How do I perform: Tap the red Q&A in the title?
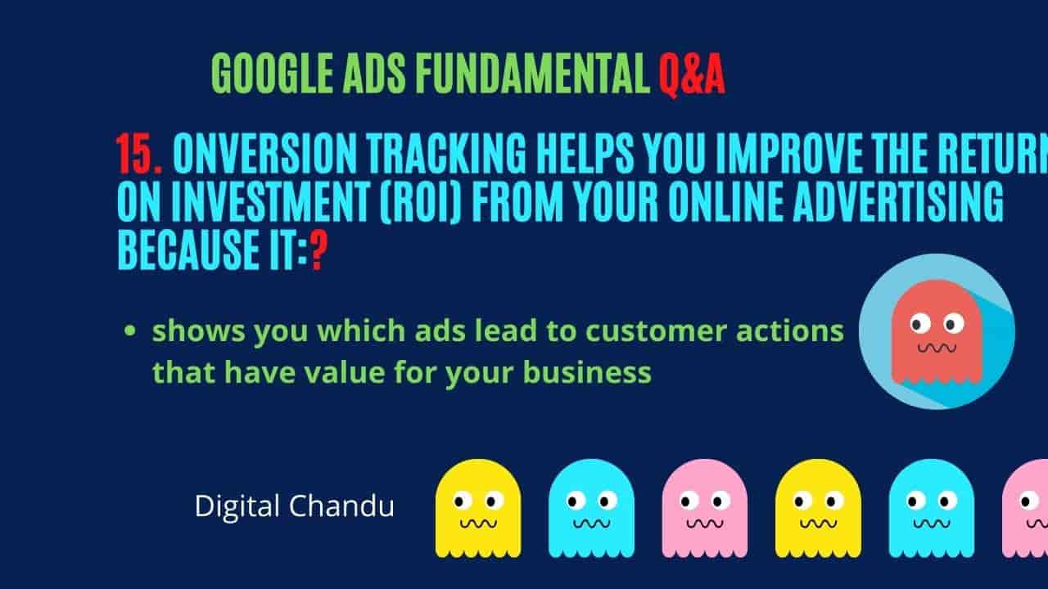click(x=693, y=74)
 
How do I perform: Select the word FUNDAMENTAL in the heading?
click(x=532, y=74)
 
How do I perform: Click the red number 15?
click(x=139, y=153)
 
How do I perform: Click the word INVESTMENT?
click(x=271, y=201)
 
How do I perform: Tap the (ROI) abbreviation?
click(x=421, y=202)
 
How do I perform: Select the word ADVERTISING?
click(x=898, y=201)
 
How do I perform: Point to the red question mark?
click(x=318, y=250)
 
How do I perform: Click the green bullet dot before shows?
click(x=130, y=331)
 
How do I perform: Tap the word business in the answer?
click(x=587, y=372)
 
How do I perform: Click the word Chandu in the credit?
click(x=341, y=506)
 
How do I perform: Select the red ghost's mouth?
click(x=937, y=348)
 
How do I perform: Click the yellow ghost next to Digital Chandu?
click(x=478, y=509)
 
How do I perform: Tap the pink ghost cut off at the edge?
click(x=1025, y=509)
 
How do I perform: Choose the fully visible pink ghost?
click(x=705, y=509)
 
